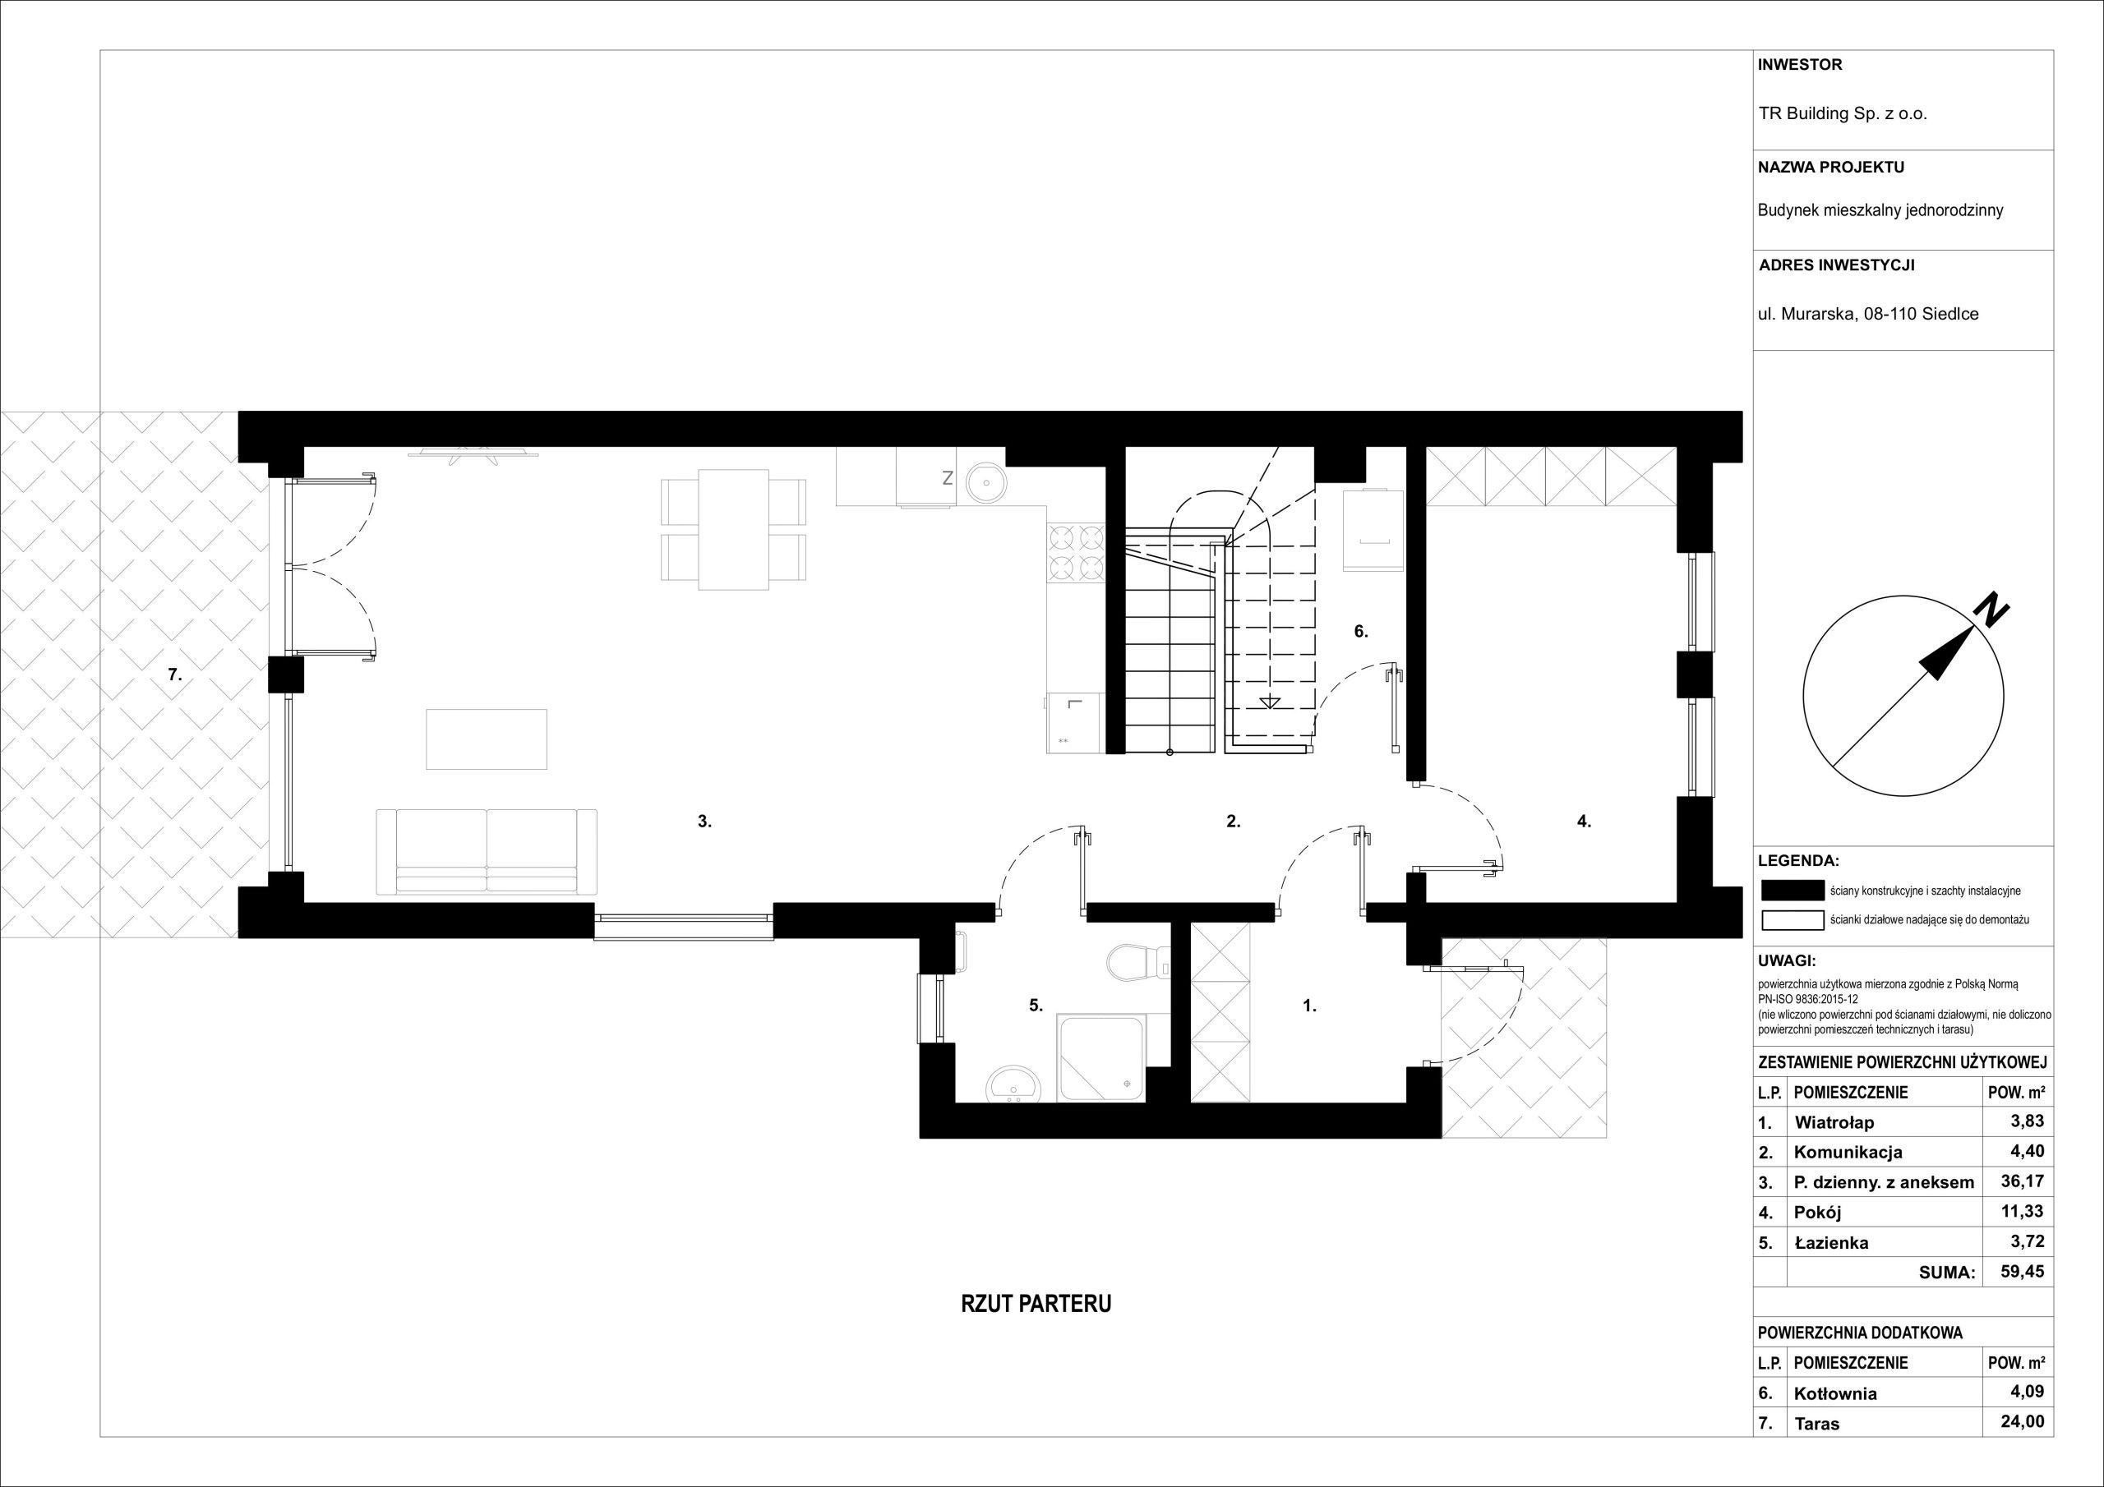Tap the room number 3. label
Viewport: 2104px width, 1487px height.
pos(704,822)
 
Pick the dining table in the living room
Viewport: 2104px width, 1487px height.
pos(733,530)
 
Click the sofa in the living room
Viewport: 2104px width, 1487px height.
pos(487,851)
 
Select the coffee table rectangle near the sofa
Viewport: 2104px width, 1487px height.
pos(487,739)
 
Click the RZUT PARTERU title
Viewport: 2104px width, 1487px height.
pos(1036,1304)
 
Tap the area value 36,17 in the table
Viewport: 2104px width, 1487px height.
pos(2022,1181)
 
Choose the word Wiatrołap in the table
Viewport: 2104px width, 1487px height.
pos(1834,1122)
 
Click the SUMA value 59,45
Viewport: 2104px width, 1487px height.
pos(2022,1272)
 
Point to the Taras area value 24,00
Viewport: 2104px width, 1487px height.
pos(2022,1422)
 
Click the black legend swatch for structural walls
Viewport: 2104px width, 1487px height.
pos(1793,891)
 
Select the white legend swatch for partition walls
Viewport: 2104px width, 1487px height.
pos(1793,920)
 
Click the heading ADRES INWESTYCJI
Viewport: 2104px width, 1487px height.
pos(1836,265)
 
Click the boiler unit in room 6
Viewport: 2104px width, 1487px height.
pos(1373,530)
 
